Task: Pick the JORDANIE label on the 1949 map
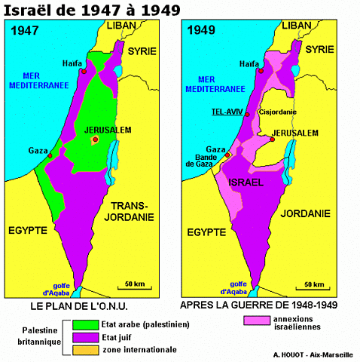(x=305, y=214)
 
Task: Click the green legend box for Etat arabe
(x=82, y=324)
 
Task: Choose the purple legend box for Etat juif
(x=82, y=337)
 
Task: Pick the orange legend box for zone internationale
(x=82, y=350)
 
